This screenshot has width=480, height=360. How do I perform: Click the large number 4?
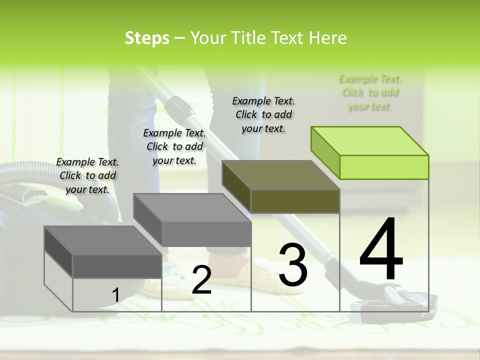(381, 249)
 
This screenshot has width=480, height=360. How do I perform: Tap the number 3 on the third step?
(292, 264)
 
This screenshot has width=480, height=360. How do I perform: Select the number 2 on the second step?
(201, 280)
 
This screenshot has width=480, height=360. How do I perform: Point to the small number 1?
(115, 295)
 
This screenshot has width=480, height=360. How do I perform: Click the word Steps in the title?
(147, 38)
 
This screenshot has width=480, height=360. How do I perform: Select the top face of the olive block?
(280, 175)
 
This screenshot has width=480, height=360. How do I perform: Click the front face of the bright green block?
(384, 167)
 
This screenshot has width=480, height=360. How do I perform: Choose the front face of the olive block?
(295, 201)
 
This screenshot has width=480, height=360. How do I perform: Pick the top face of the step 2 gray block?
(191, 207)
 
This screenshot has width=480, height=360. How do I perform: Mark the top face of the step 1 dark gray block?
(102, 240)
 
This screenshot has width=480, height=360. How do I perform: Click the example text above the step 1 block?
(87, 175)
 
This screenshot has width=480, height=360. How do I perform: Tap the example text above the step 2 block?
(174, 146)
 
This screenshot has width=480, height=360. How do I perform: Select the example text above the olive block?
(263, 114)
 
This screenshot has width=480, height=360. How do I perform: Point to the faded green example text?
(370, 92)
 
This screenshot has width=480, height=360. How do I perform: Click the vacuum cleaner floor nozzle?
(395, 300)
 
